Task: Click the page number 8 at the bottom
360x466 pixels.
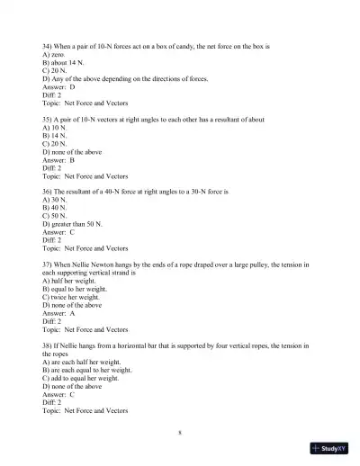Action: (x=180, y=434)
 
